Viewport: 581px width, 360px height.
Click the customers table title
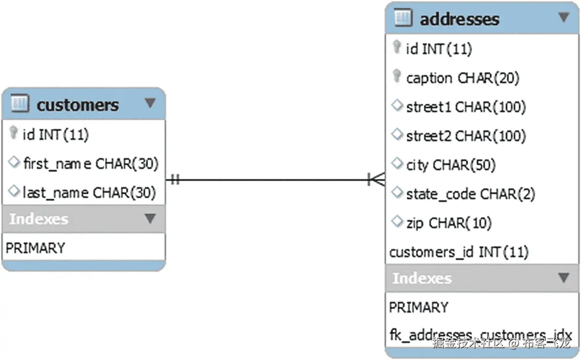coord(77,105)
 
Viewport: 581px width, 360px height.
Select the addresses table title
coord(459,19)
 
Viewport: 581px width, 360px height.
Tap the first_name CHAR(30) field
coord(91,164)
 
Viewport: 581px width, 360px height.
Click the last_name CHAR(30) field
coord(89,193)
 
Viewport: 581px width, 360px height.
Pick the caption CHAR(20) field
coord(462,78)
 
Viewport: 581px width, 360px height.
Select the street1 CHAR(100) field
coord(466,107)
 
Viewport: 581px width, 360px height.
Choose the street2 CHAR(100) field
coord(466,136)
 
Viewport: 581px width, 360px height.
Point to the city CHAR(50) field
coord(451,165)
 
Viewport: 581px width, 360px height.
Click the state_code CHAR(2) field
coord(470,194)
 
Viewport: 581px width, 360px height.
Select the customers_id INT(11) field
coord(459,252)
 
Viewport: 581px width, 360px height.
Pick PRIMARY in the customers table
coord(35,248)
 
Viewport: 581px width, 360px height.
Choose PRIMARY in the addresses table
coord(419,308)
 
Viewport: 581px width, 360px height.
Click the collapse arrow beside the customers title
coord(150,103)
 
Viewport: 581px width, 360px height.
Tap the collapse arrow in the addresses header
coord(564,17)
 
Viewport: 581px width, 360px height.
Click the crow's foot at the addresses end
coord(377,180)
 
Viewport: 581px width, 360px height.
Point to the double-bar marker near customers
coord(175,180)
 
